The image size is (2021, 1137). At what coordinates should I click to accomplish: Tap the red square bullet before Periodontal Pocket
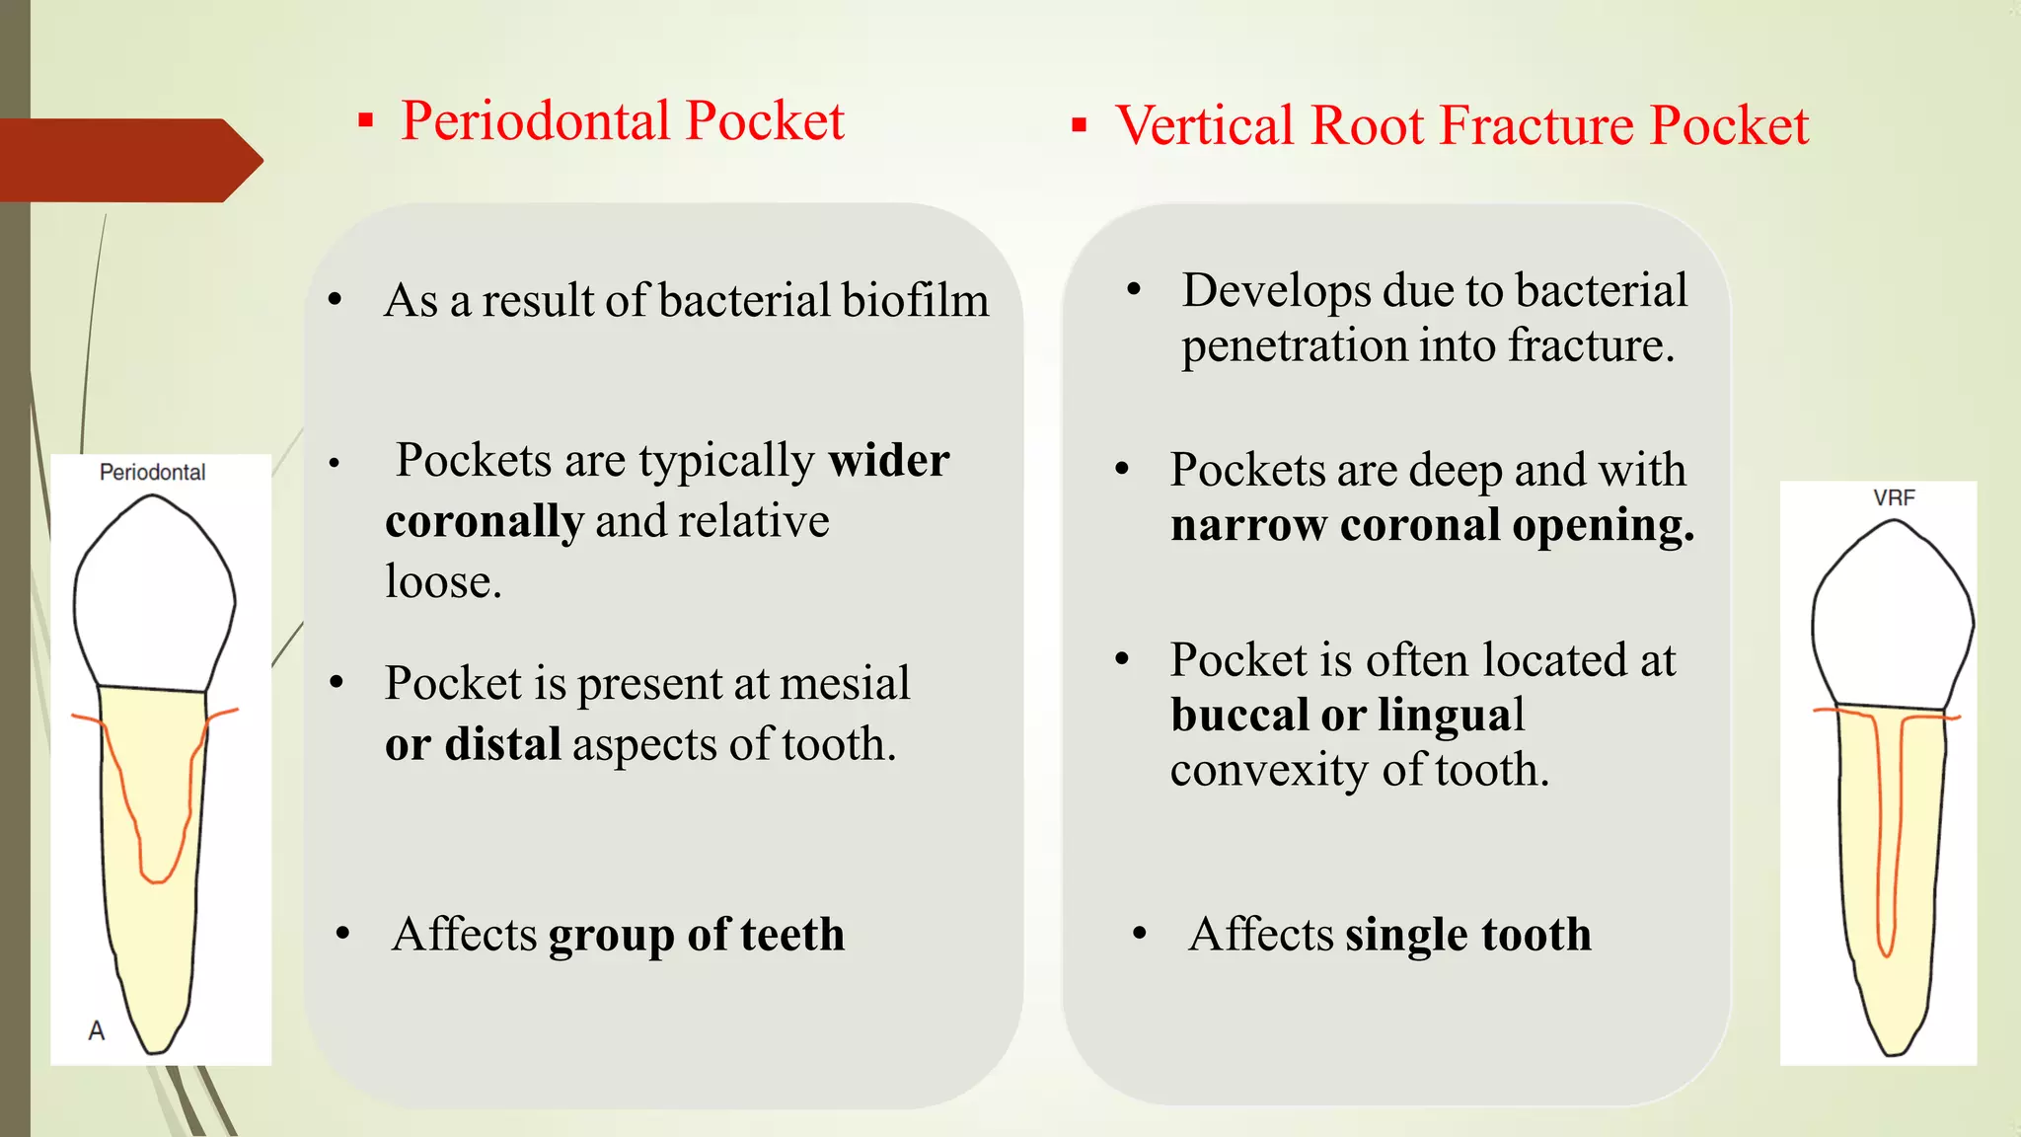366,121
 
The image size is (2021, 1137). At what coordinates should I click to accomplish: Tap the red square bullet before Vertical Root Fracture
1080,125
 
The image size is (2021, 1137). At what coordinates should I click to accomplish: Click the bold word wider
888,461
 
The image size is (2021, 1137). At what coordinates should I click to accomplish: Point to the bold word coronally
484,522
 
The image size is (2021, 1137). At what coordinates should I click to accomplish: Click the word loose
442,582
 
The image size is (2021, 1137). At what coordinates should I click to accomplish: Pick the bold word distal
502,745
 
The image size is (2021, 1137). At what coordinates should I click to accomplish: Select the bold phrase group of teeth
697,935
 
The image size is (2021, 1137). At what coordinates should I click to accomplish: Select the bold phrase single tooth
1467,935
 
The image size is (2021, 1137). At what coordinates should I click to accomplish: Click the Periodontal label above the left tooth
152,473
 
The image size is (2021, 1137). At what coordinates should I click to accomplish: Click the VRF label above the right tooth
1894,498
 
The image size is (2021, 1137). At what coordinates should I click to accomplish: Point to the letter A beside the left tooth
96,1031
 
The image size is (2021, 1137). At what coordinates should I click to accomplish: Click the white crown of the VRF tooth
1892,622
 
